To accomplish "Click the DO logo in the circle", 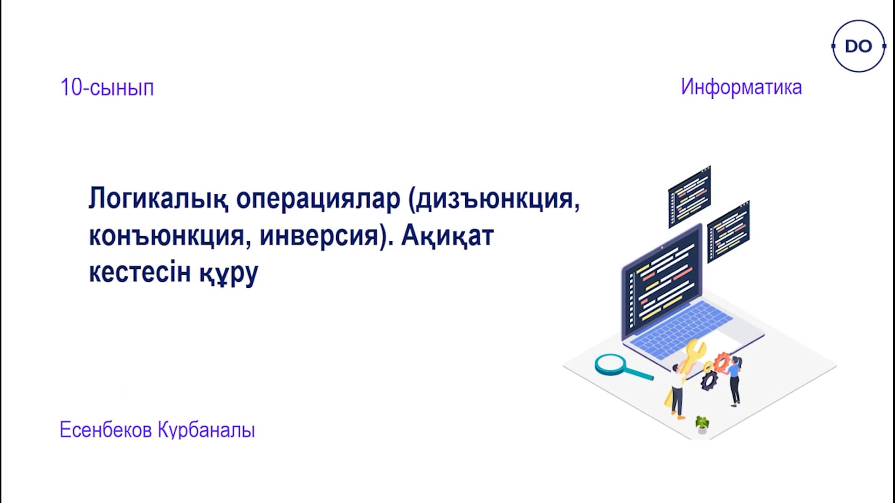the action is (x=858, y=46).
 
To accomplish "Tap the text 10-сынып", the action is (x=107, y=88).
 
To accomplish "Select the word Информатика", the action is (x=741, y=87).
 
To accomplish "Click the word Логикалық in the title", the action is (x=158, y=199).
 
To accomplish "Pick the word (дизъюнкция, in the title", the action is (x=494, y=199).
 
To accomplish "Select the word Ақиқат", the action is (x=447, y=236).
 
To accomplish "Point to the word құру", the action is (x=229, y=274).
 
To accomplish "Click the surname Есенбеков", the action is (x=106, y=429).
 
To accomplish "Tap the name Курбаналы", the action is (x=207, y=430).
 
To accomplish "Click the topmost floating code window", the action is (x=689, y=197).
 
